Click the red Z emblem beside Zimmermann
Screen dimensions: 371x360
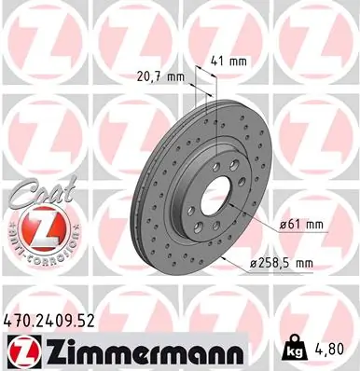[21, 351]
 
